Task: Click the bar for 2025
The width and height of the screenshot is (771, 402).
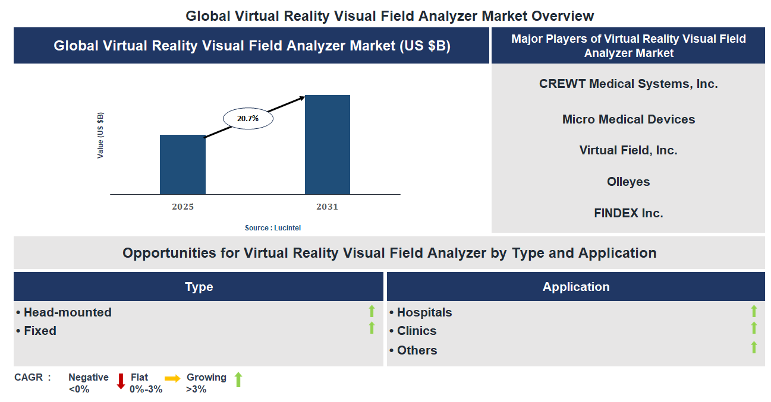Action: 182,164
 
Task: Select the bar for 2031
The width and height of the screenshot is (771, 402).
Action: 327,144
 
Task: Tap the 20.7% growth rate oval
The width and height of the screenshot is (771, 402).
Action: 248,119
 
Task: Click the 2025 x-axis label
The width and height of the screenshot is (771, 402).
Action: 182,207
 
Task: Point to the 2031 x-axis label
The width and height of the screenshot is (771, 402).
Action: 327,207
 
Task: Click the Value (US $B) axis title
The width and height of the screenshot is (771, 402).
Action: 100,135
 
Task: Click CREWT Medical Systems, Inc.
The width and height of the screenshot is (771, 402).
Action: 628,84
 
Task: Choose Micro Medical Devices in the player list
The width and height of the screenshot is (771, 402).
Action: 628,119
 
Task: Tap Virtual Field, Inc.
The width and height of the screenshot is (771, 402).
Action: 628,150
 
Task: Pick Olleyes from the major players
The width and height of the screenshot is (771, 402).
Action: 628,182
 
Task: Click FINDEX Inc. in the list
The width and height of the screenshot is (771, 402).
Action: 628,213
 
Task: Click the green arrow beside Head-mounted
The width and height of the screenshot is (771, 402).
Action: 372,311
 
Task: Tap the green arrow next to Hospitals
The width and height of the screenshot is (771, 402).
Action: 754,311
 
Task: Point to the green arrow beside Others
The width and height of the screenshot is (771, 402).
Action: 754,347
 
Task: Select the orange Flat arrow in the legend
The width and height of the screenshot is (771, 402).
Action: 172,378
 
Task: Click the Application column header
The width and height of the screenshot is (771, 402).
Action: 575,287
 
